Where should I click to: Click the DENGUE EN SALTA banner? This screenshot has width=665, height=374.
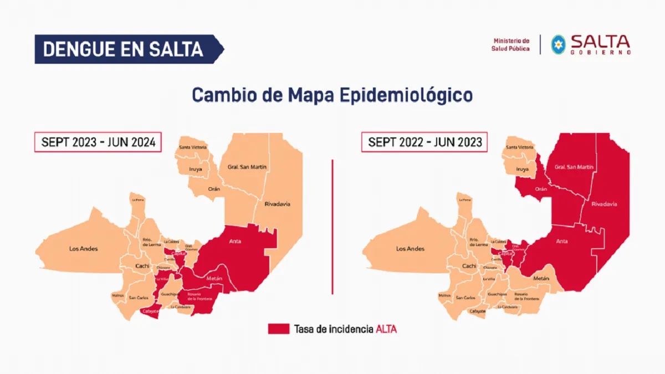coord(123,49)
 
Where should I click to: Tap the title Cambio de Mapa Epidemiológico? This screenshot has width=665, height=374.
coord(332,95)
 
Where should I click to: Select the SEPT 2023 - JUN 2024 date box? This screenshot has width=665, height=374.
coord(98,142)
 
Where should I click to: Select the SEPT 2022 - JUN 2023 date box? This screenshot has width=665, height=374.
coord(424,142)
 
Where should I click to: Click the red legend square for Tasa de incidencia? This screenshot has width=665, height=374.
coord(278,329)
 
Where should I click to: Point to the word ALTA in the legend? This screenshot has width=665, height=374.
coord(386,329)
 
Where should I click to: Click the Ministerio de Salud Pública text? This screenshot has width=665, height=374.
coord(510,45)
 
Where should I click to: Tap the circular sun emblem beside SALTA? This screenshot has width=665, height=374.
coord(558,44)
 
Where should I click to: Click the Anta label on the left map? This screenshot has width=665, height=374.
coord(235,241)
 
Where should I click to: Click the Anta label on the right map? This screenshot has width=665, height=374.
coord(562,241)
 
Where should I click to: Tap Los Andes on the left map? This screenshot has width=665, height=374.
coord(84,249)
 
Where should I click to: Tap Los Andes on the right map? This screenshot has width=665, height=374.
coord(410,249)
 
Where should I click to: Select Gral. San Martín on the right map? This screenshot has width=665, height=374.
coord(574,167)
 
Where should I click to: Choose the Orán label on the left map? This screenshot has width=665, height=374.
coord(214,189)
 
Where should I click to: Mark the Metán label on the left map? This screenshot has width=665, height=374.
coord(214,278)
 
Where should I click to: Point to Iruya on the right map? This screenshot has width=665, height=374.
coord(522,169)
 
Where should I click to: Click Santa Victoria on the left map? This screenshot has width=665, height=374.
coord(193,147)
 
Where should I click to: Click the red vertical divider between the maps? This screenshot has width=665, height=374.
coord(332,227)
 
